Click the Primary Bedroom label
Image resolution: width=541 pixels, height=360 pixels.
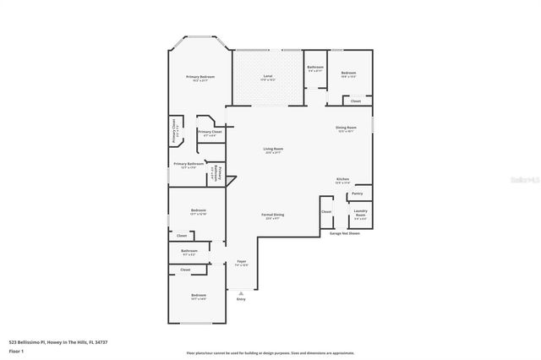pos(200,78)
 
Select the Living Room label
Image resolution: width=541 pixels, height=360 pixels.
pos(273,150)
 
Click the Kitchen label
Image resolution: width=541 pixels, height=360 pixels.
pos(343,180)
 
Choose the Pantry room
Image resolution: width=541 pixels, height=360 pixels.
pos(358,194)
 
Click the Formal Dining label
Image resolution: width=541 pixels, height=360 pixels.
pos(273,216)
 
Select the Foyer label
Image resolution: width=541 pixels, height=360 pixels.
pos(241,263)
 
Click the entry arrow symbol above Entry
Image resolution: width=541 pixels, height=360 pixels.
pos(241,292)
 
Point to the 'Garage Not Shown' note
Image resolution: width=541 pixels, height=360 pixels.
pos(345,233)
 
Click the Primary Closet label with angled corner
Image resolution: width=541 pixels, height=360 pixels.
pos(210,133)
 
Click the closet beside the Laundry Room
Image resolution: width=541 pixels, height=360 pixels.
pos(326,212)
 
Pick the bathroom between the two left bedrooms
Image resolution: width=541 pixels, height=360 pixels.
pos(189,251)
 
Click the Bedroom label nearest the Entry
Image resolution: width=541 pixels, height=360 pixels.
pos(198,297)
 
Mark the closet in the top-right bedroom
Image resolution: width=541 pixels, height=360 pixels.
pos(356,101)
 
